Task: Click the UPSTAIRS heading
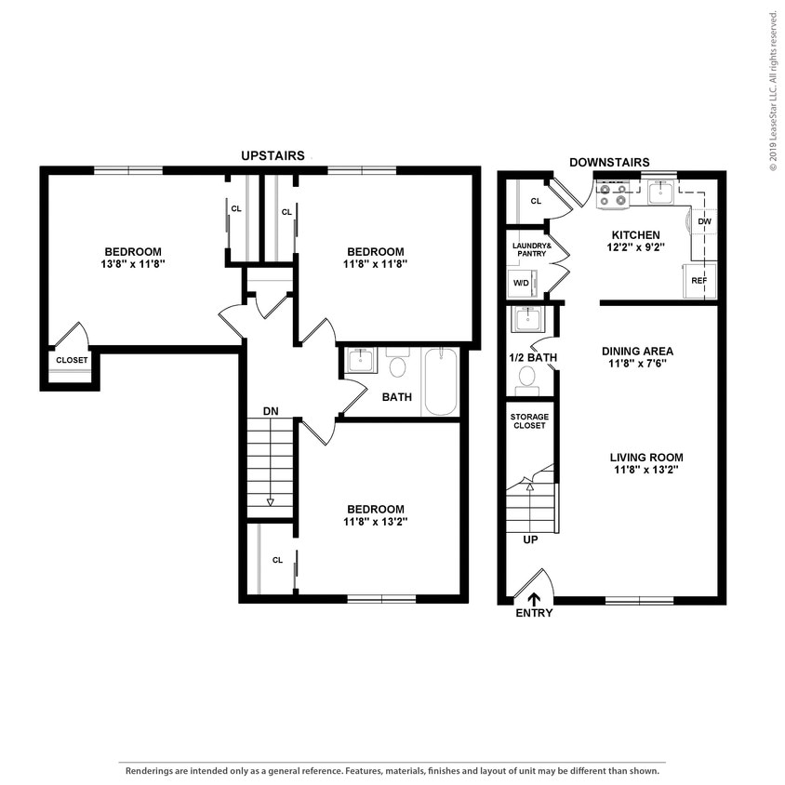[273, 155]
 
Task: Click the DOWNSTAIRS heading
[609, 162]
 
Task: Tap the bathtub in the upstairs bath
[441, 381]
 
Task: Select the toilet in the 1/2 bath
[527, 378]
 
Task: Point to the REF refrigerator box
[699, 279]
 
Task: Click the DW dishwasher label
[704, 222]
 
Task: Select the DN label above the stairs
[270, 410]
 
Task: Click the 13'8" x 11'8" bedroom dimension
[133, 264]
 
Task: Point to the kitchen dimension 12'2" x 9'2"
[635, 248]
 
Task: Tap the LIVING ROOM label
[646, 457]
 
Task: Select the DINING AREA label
[637, 351]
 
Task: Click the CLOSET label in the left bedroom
[72, 360]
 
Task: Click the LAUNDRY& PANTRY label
[532, 249]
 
